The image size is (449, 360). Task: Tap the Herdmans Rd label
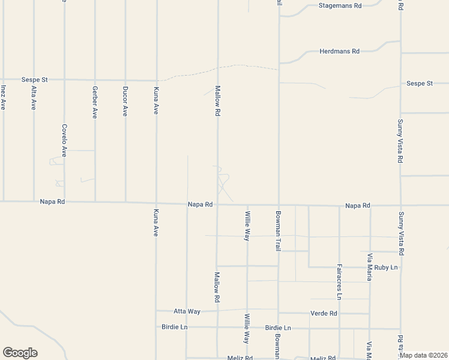click(339, 52)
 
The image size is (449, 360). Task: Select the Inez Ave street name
click(4, 97)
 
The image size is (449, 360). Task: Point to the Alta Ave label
click(34, 97)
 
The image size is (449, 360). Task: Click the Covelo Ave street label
click(64, 140)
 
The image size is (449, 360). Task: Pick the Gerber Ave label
click(95, 102)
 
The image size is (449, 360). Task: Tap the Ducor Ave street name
click(125, 102)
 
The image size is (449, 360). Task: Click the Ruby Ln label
click(385, 267)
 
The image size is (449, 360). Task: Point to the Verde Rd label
click(324, 313)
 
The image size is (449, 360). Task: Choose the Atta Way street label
click(187, 311)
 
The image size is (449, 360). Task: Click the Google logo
click(20, 353)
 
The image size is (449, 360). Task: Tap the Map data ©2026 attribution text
click(424, 355)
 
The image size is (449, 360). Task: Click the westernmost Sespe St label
click(34, 79)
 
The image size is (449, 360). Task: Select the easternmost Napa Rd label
click(358, 206)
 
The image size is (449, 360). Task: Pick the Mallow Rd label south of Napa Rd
click(217, 287)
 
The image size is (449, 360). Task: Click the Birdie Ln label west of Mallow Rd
click(175, 327)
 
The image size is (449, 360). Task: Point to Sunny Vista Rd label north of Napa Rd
click(400, 141)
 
